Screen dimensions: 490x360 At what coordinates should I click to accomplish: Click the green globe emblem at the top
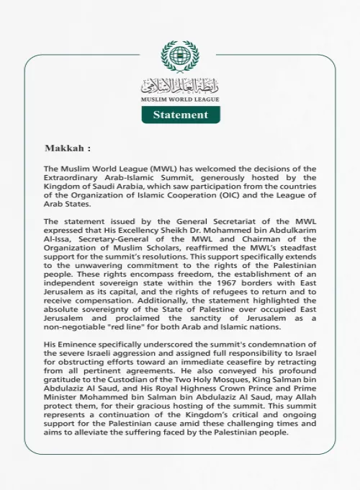click(x=180, y=56)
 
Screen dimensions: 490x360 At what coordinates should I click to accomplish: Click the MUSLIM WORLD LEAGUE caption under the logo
click(x=180, y=99)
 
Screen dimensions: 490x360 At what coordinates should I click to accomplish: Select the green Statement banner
click(x=180, y=115)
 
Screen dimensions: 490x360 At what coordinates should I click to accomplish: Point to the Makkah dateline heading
click(x=68, y=148)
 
